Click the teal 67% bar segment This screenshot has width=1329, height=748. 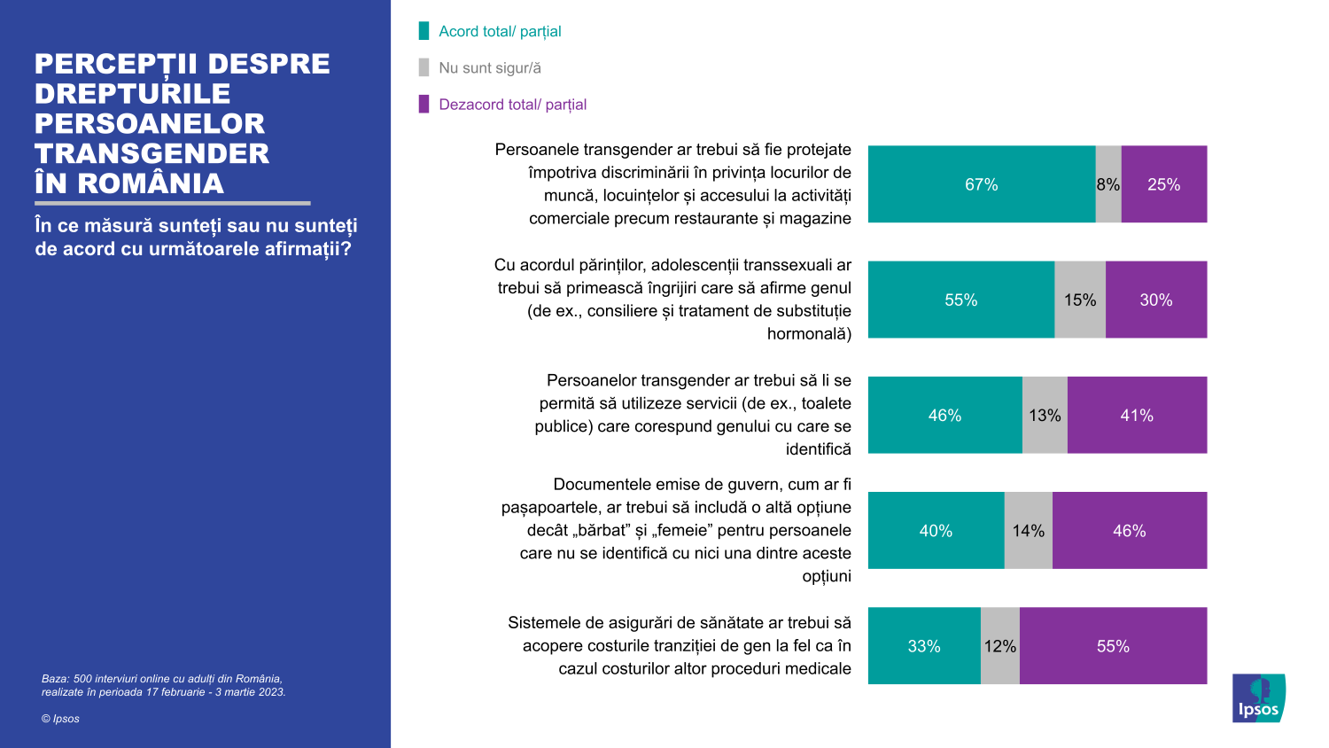[x=982, y=184]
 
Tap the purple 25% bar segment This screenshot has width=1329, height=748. [x=1164, y=184]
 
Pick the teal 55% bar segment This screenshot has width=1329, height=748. [x=961, y=300]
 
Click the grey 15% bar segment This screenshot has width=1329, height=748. [x=1080, y=300]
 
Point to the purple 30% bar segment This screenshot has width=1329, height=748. [x=1156, y=300]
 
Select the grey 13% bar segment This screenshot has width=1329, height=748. [x=1045, y=415]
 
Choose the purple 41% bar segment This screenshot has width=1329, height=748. [x=1137, y=415]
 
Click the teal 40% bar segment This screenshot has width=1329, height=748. [x=936, y=530]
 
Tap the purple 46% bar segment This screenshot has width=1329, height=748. [x=1130, y=530]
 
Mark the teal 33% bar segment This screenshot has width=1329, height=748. [x=924, y=646]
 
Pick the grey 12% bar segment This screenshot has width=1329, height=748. [x=1000, y=646]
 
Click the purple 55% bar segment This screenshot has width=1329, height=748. [x=1113, y=646]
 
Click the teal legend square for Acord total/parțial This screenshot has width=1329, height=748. [x=424, y=31]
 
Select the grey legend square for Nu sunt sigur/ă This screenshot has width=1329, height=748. [x=424, y=67]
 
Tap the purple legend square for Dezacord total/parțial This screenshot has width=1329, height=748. [x=424, y=104]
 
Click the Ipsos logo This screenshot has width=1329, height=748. [x=1258, y=698]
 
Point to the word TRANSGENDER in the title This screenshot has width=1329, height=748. [x=152, y=153]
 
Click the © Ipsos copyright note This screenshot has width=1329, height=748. [x=60, y=719]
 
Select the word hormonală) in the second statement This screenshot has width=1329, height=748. [x=809, y=334]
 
